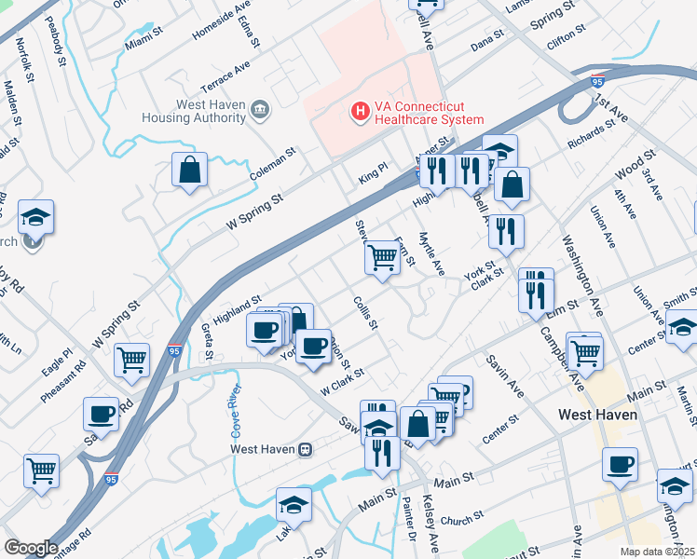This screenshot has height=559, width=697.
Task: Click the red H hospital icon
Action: pos(358,113)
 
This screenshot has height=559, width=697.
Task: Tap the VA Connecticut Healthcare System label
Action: pos(428,113)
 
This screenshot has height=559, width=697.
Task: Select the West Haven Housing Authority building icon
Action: pos(260,111)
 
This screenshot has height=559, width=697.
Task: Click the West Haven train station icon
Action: pos(305,448)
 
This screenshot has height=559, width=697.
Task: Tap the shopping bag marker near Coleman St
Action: pos(190,171)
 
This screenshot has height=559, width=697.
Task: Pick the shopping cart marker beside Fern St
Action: pos(382,257)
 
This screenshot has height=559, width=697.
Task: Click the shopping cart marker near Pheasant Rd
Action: pos(132,360)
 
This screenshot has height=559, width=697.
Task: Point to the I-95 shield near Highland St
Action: pos(174,350)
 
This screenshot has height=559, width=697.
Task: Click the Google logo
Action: pos(31,548)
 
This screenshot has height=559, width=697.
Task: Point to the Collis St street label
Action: pos(365,312)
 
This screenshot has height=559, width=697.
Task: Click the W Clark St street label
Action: pos(342,379)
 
